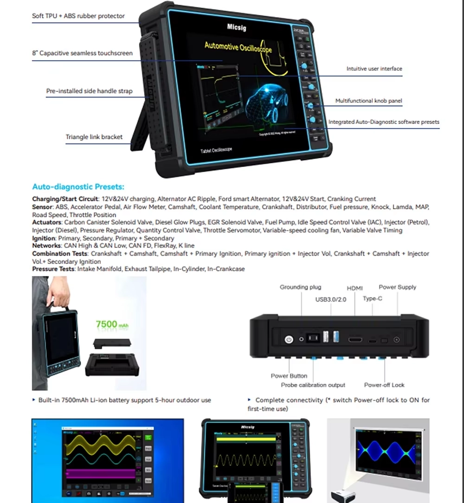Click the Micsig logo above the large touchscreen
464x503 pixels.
(237, 27)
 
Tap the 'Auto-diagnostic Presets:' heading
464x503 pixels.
(78, 187)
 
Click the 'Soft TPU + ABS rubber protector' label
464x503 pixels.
(78, 16)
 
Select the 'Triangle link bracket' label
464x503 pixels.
(94, 137)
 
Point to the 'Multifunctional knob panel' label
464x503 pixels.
(368, 101)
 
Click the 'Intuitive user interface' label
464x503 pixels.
(374, 69)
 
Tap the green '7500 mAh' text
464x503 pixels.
(112, 324)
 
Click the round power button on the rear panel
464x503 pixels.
(289, 340)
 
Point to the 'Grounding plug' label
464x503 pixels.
(300, 287)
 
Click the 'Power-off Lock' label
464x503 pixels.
(385, 385)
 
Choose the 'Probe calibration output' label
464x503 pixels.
(313, 385)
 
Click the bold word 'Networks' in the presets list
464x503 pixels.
(46, 245)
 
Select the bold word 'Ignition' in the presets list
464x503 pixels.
(44, 238)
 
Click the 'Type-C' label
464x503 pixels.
(373, 298)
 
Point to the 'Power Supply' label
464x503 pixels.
(397, 287)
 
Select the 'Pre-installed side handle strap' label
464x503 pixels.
(89, 91)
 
